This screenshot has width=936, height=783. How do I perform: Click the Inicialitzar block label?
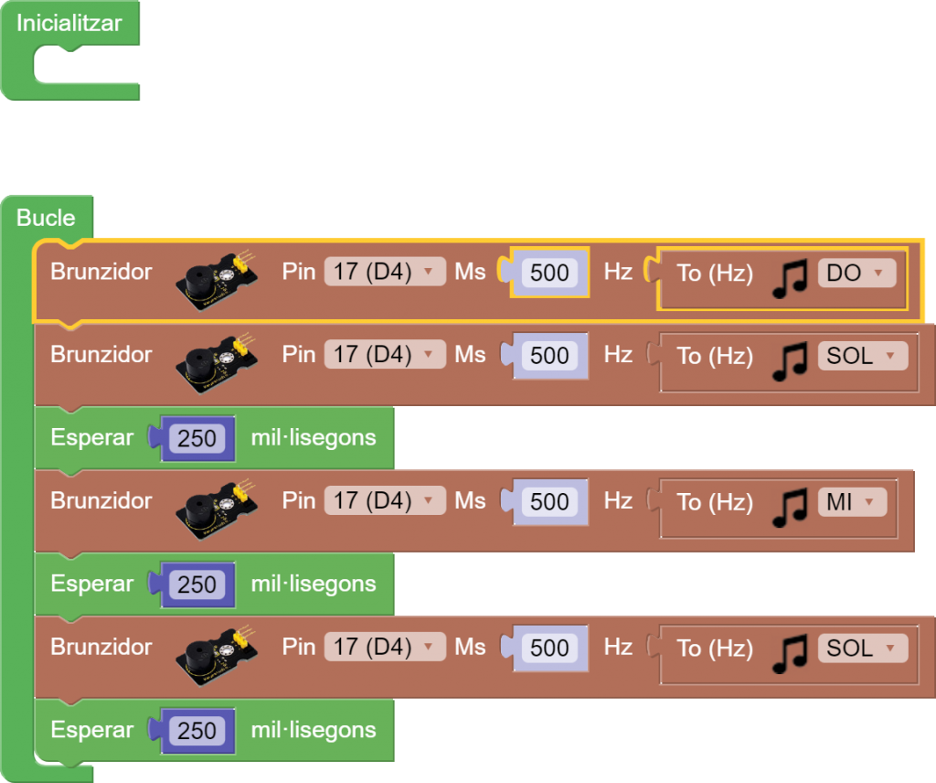(x=69, y=23)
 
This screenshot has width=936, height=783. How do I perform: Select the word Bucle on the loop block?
(x=46, y=218)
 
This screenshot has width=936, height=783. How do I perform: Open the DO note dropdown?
(x=856, y=273)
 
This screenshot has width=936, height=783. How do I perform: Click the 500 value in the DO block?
(x=549, y=273)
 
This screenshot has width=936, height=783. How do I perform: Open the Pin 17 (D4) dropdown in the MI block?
(x=384, y=500)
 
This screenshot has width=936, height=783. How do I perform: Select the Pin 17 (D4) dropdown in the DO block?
(x=384, y=272)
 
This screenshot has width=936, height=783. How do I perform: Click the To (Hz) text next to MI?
(x=715, y=501)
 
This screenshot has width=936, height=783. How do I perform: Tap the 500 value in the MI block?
(x=549, y=501)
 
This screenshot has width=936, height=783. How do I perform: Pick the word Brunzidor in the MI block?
(x=101, y=500)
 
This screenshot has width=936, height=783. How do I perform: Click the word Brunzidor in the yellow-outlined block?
(x=101, y=272)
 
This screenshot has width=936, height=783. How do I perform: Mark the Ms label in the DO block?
(x=470, y=272)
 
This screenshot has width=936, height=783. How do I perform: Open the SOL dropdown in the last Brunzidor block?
(x=862, y=648)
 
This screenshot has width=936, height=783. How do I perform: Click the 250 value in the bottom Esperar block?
(x=197, y=730)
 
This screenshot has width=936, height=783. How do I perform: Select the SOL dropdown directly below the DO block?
(x=862, y=355)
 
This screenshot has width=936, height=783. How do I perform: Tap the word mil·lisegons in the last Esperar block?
(x=314, y=730)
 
